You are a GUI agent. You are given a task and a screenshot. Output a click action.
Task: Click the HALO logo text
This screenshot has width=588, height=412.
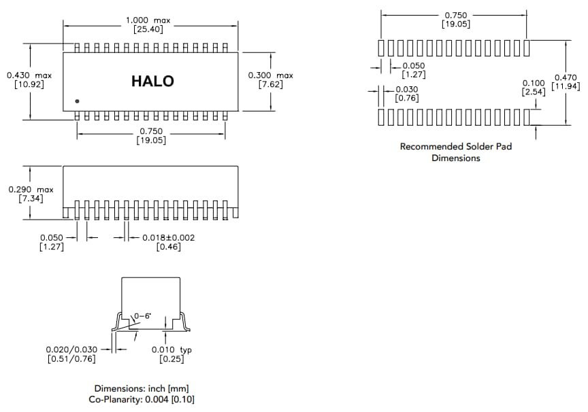tap(152, 82)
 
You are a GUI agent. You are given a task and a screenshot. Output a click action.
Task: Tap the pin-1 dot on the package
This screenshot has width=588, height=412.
tap(78, 101)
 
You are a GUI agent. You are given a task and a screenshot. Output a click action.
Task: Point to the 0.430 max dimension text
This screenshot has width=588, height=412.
tap(29, 75)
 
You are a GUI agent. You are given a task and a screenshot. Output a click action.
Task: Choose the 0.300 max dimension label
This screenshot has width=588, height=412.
tap(271, 75)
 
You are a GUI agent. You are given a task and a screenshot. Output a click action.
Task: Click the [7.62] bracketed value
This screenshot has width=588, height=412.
tap(271, 85)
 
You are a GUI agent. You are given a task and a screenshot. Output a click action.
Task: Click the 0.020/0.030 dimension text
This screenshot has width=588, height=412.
tap(71, 349)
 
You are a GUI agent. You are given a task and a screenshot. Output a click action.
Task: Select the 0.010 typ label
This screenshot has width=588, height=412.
tap(171, 349)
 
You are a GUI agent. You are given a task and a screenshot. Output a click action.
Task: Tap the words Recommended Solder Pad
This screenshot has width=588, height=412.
tap(455, 146)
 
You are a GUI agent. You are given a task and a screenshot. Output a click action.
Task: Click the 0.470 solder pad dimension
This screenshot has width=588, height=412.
tap(566, 78)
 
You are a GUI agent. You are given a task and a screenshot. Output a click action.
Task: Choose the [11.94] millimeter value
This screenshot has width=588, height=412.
tap(566, 87)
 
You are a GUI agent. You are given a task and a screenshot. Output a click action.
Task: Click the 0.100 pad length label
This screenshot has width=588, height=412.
tap(534, 83)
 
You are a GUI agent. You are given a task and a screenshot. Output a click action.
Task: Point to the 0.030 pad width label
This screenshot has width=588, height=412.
tap(406, 89)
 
